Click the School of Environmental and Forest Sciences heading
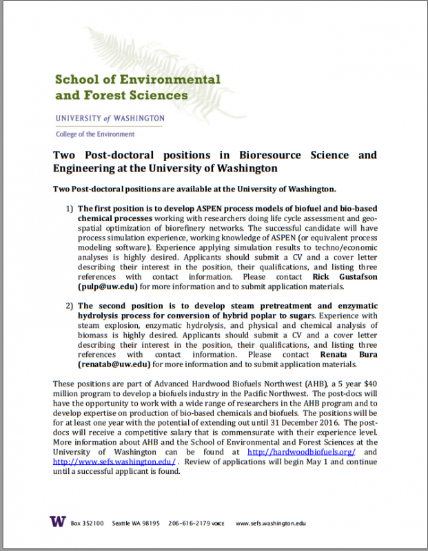(x=137, y=87)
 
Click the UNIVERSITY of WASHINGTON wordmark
(x=110, y=118)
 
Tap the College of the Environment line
(x=95, y=134)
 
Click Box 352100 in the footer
(x=87, y=524)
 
